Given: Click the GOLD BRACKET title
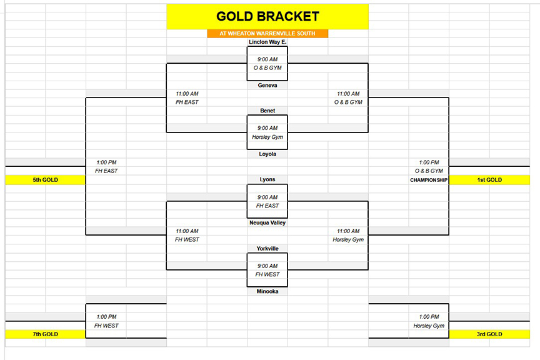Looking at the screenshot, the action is tap(267, 16).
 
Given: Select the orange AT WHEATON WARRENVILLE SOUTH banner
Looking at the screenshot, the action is tap(267, 33).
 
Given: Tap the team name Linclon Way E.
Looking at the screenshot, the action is tap(267, 42).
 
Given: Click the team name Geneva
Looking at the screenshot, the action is tap(267, 85).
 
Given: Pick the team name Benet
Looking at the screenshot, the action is tap(267, 111).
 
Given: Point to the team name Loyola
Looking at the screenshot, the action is tap(267, 154).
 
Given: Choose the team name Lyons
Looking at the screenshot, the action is tap(267, 179).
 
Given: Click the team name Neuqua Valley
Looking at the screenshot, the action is tap(267, 223).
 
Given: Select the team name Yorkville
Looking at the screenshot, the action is tap(267, 248).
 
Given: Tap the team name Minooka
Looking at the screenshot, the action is tap(267, 291).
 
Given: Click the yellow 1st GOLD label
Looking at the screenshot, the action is tap(489, 180).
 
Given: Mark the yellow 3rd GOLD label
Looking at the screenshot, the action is tap(489, 334).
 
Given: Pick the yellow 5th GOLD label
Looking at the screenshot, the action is tap(46, 180).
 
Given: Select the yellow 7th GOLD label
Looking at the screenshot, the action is tap(46, 334).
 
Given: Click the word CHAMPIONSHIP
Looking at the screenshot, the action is tap(429, 180).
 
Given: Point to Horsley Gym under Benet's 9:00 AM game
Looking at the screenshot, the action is tap(267, 137).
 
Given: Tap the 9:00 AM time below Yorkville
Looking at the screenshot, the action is tap(267, 266).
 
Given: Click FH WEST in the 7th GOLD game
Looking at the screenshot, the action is tap(106, 326).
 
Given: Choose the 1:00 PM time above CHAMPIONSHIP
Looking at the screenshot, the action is tap(429, 162).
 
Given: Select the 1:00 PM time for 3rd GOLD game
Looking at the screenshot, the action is tap(429, 317).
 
